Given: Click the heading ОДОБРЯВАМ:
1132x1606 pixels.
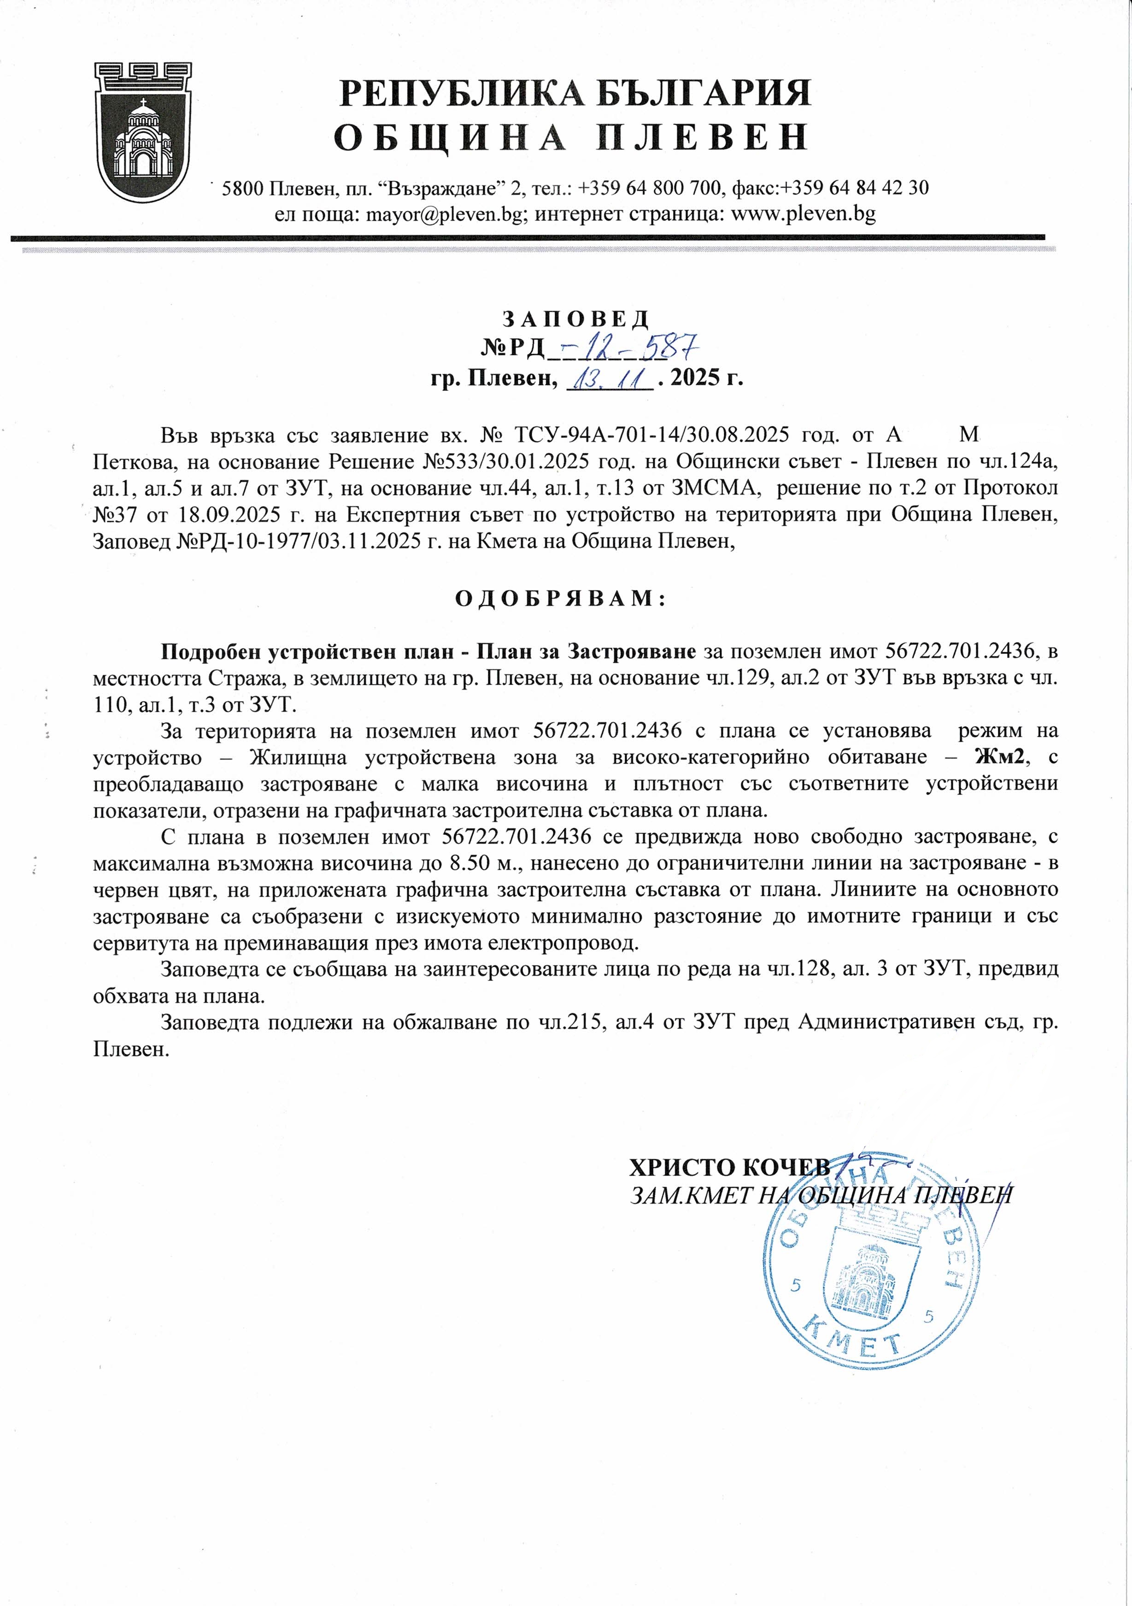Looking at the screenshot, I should pos(560,599).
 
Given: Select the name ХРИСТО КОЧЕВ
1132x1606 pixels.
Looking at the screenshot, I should pos(730,1167).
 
